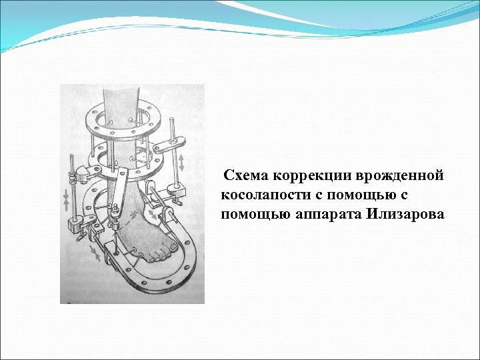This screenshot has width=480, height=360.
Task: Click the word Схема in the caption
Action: pyautogui.click(x=245, y=176)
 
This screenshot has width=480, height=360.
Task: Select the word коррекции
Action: pyautogui.click(x=307, y=176)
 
